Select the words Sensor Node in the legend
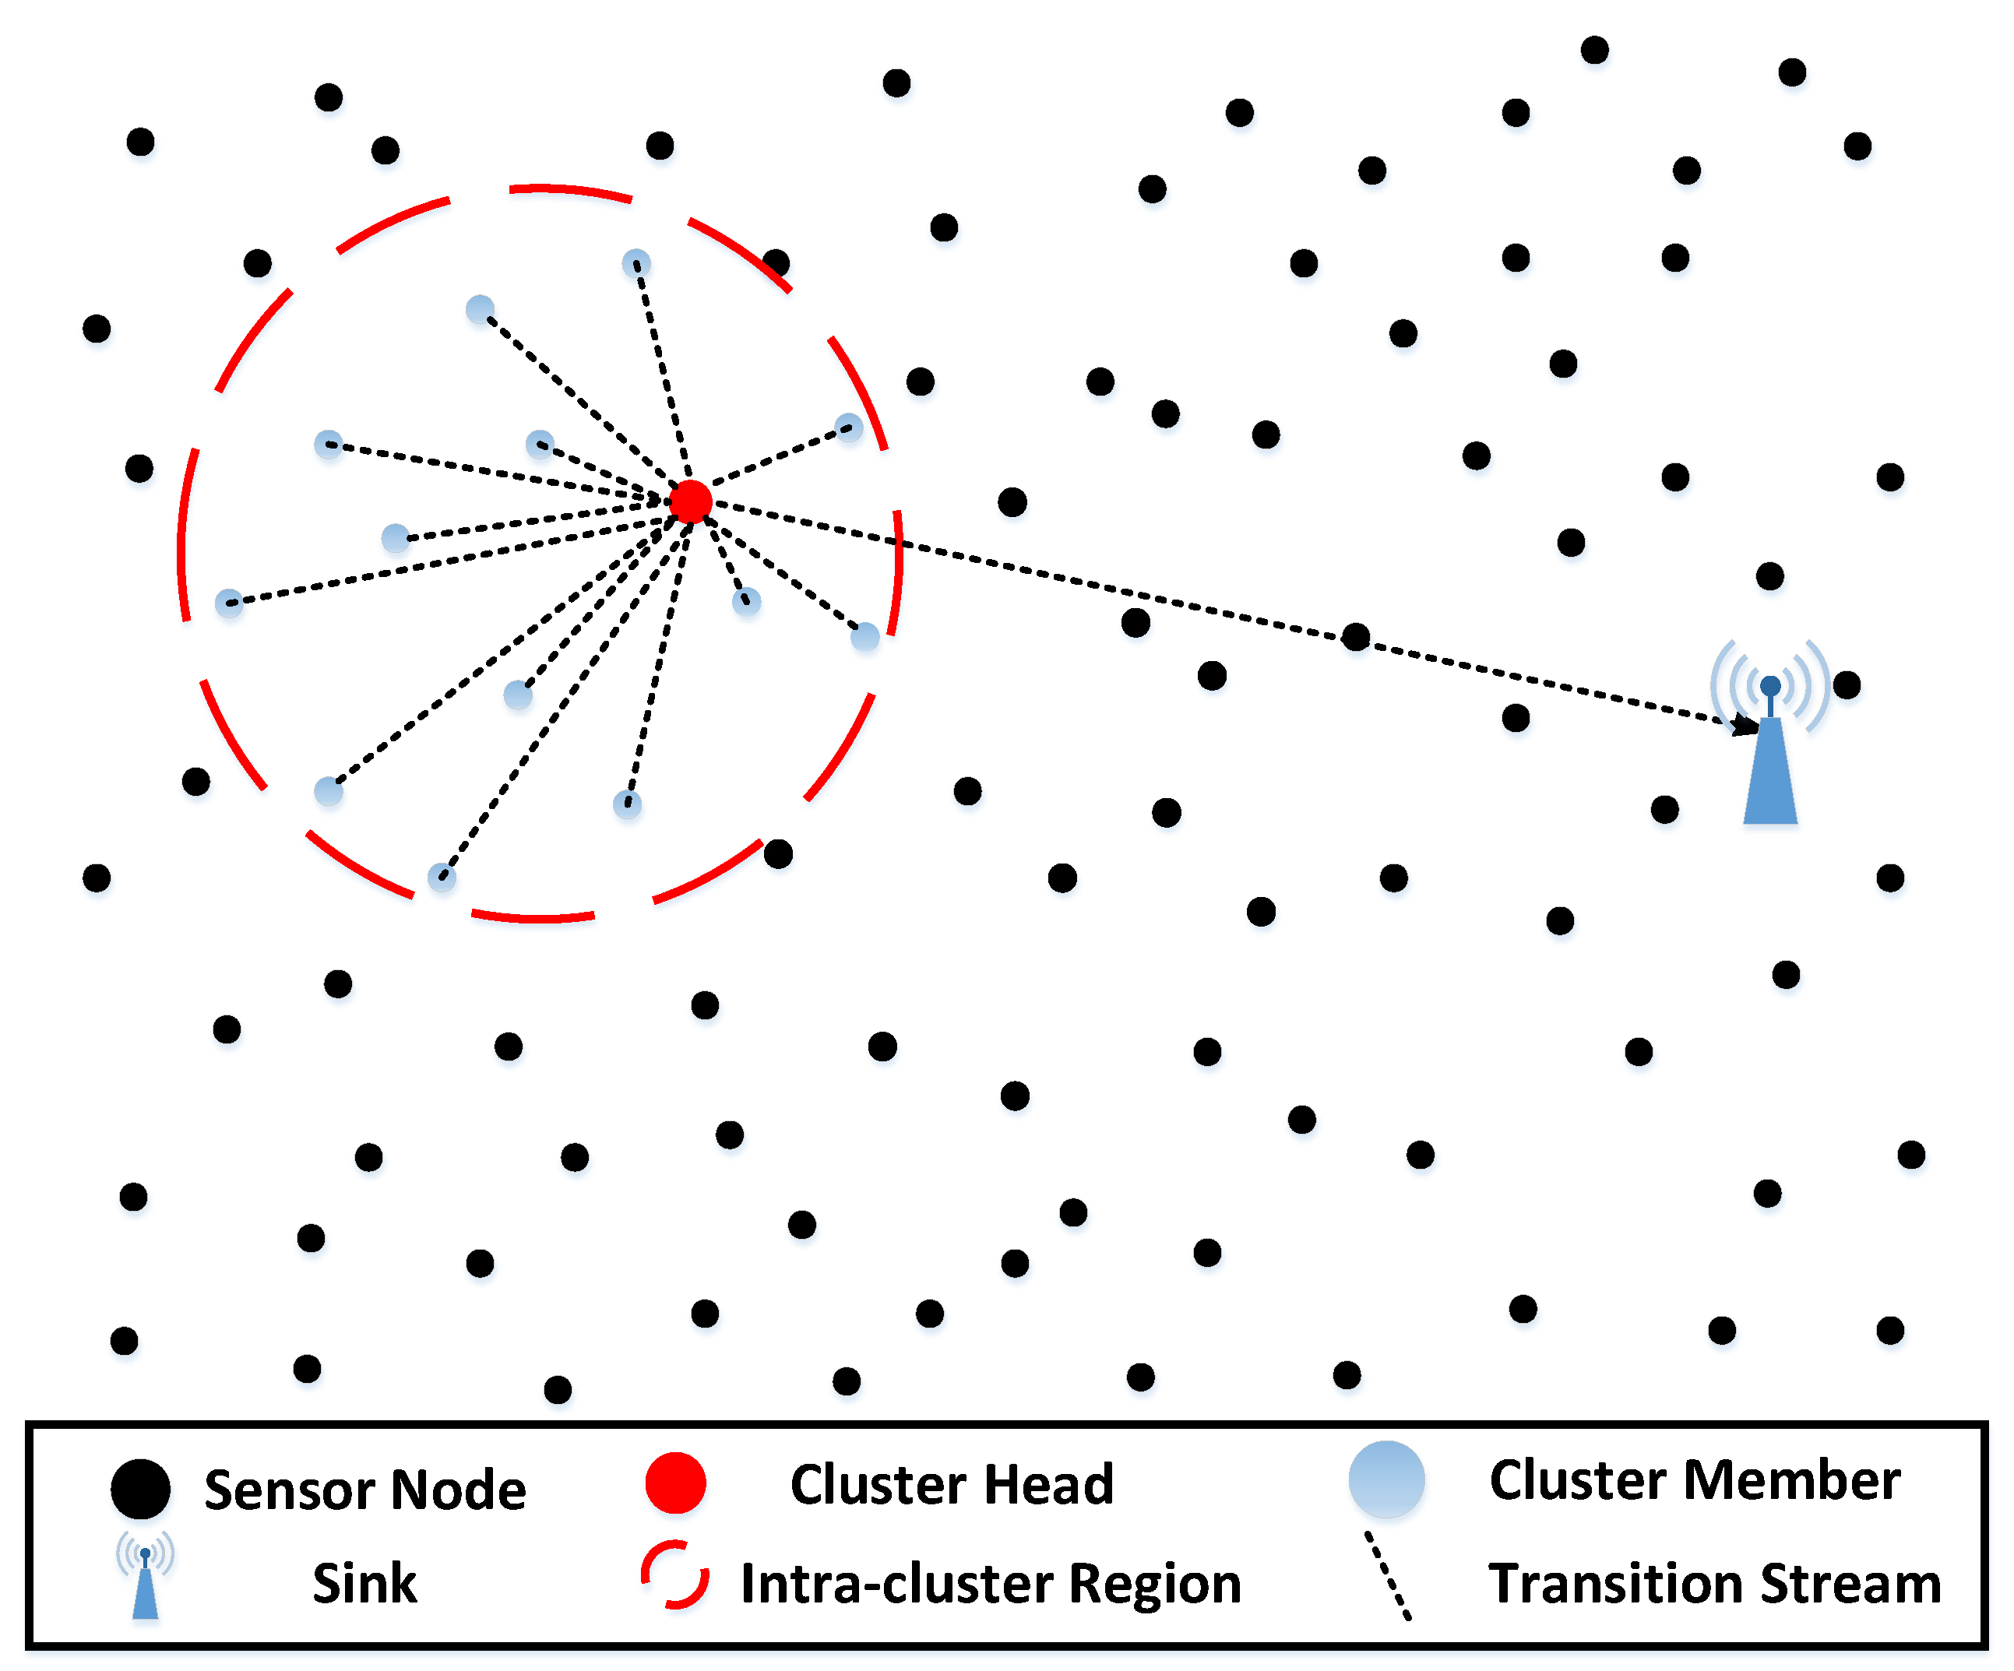(364, 1490)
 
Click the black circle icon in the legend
(141, 1489)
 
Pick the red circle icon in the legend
(675, 1483)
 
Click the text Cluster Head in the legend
(952, 1484)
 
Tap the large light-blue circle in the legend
(1386, 1479)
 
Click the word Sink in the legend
(364, 1583)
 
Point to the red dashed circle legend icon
(675, 1575)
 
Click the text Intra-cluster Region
(991, 1583)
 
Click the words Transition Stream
(1715, 1583)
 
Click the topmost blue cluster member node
(636, 262)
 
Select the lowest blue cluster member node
(441, 876)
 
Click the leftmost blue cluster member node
(228, 603)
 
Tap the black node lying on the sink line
(1355, 637)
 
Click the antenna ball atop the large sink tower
(1770, 685)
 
